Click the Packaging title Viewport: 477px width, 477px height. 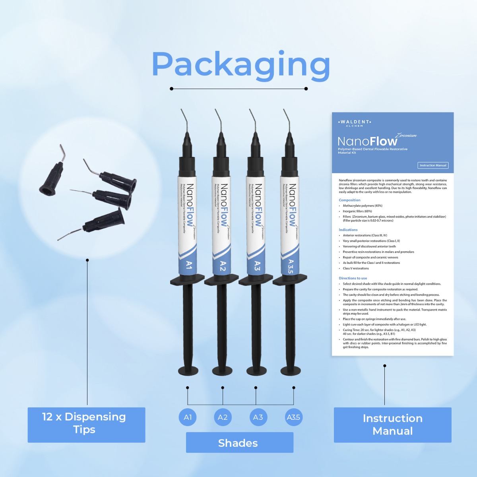(x=240, y=64)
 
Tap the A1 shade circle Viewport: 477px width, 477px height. (x=188, y=417)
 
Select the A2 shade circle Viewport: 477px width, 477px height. (x=223, y=417)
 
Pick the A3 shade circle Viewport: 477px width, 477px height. (x=258, y=417)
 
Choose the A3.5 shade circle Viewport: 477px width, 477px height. (x=293, y=417)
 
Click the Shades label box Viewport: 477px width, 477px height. (x=239, y=443)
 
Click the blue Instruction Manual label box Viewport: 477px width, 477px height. (x=392, y=425)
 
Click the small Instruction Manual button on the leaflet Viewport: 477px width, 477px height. (x=433, y=165)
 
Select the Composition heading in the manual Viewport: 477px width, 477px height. (x=349, y=200)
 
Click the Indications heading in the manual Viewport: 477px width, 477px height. (x=348, y=230)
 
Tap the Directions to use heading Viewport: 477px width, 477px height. (x=353, y=278)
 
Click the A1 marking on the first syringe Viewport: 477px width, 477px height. (x=189, y=265)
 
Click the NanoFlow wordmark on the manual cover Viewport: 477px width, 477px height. (x=367, y=142)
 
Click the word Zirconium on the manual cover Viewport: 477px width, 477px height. (x=406, y=135)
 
